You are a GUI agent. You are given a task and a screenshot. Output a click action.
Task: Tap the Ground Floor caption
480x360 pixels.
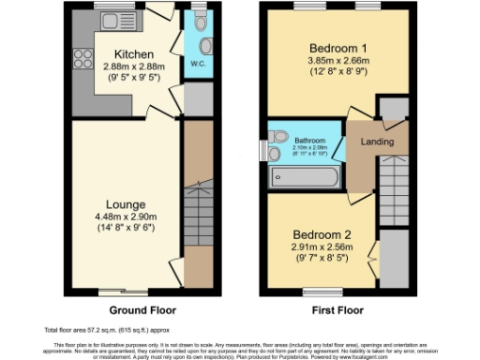point(142,309)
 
